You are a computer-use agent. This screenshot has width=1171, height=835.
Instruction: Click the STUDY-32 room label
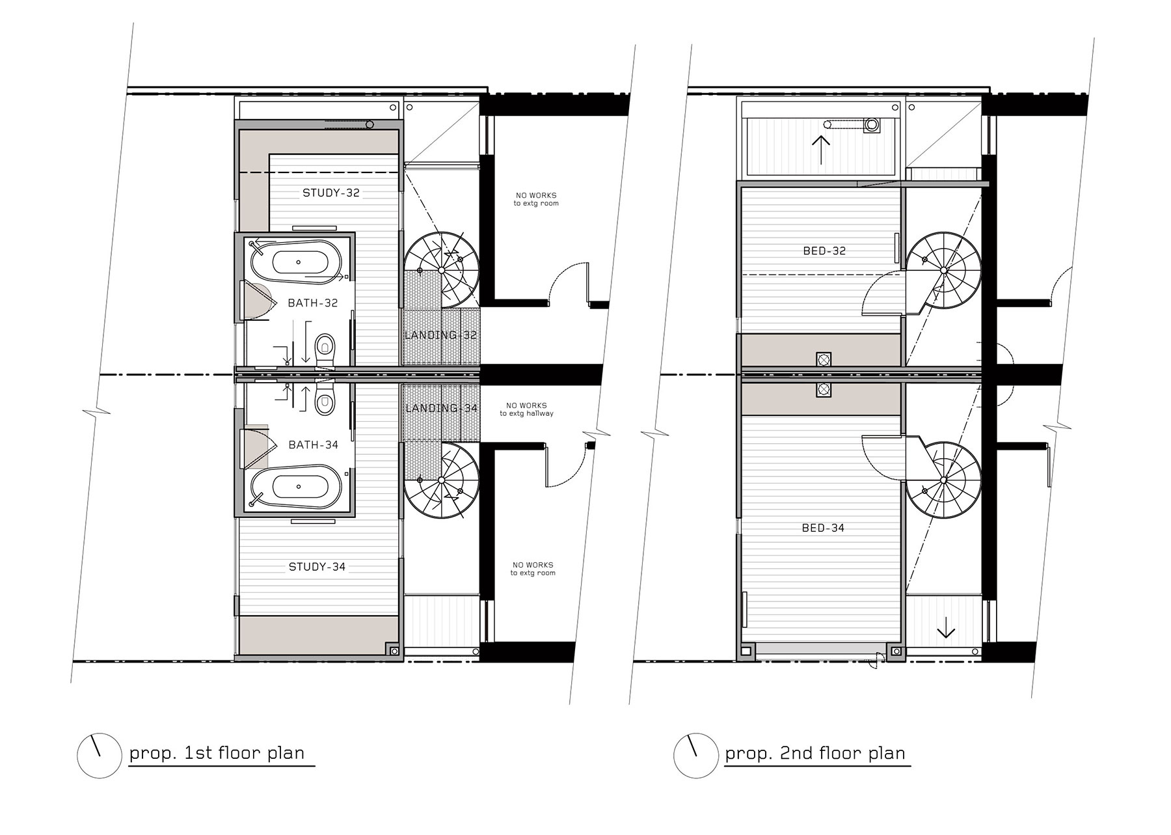[331, 193]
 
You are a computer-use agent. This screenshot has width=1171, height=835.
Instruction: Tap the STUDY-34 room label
[317, 567]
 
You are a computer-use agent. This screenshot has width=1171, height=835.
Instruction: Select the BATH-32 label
[313, 303]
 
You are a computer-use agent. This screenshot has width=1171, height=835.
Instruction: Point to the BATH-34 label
[313, 445]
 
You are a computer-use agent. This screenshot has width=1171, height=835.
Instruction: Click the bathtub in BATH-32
[299, 262]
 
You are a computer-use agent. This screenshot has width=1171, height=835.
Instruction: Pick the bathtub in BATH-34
[299, 486]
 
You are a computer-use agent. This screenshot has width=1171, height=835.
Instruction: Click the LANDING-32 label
[441, 335]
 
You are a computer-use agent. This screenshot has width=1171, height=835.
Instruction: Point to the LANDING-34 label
[441, 408]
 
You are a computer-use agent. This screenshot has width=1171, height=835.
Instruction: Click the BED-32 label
[824, 251]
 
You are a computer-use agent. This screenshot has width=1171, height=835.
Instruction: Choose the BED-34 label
[823, 528]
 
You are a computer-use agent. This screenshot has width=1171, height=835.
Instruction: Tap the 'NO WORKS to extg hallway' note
[527, 409]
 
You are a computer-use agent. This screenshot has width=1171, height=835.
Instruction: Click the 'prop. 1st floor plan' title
[217, 754]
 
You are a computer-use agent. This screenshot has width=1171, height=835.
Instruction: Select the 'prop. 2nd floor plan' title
[815, 754]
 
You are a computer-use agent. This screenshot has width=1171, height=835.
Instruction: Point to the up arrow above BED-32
[822, 150]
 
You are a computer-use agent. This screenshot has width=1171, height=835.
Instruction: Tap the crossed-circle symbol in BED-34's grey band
[824, 390]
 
